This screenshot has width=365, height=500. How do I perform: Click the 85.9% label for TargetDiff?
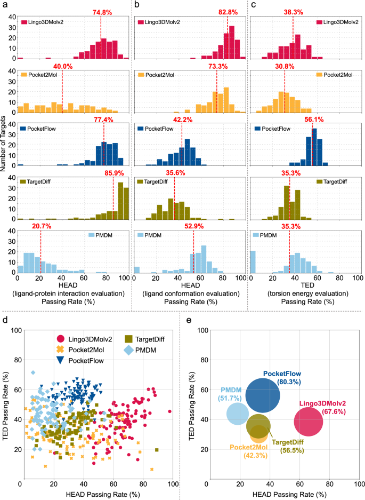pos(113,173)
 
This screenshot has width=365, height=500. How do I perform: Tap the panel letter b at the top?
pos(137,5)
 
